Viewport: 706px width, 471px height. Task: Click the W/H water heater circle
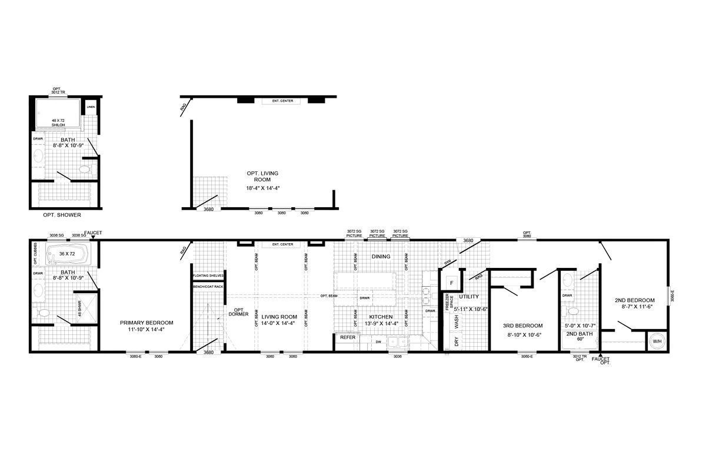click(x=656, y=341)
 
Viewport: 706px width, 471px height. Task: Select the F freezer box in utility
click(x=451, y=283)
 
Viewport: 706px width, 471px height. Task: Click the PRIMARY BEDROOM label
click(x=146, y=323)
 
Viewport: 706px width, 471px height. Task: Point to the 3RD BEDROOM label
click(x=522, y=326)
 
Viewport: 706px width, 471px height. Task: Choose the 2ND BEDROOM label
click(x=634, y=300)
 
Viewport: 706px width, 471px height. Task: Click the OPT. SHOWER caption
click(x=62, y=215)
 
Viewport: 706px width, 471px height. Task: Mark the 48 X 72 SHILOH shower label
click(x=58, y=122)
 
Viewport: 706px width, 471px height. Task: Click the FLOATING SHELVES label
click(x=208, y=275)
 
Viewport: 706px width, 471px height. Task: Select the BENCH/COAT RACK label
click(x=208, y=286)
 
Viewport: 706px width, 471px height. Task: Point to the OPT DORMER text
click(x=239, y=312)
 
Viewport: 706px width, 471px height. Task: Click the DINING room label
click(x=381, y=257)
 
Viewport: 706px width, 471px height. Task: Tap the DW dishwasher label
click(x=378, y=341)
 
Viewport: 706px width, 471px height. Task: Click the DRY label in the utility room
click(x=456, y=341)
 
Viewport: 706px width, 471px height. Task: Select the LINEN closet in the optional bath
click(x=91, y=107)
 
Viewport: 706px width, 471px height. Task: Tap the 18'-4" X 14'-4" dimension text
click(x=262, y=188)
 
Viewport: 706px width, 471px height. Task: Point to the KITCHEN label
click(x=381, y=317)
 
